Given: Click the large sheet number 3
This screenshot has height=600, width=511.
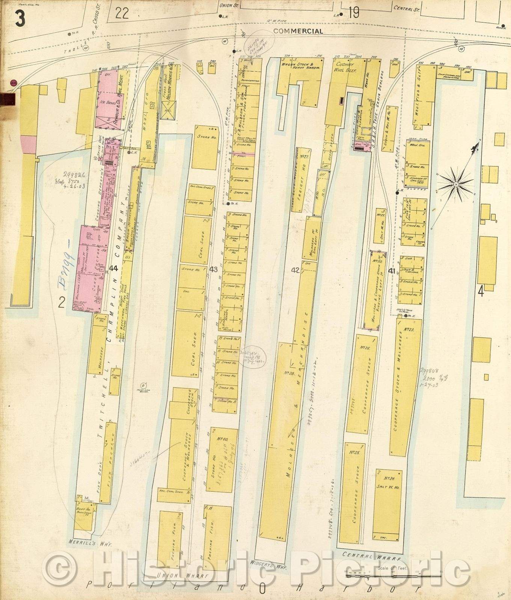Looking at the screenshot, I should pyautogui.click(x=20, y=17).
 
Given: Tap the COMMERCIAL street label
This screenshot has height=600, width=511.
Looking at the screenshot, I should pyautogui.click(x=298, y=31).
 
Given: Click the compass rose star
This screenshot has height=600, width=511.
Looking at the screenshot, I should pyautogui.click(x=455, y=184).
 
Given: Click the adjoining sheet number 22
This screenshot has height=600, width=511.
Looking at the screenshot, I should pyautogui.click(x=122, y=13).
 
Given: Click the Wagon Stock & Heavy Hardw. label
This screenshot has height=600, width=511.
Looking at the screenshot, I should pyautogui.click(x=301, y=66).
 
